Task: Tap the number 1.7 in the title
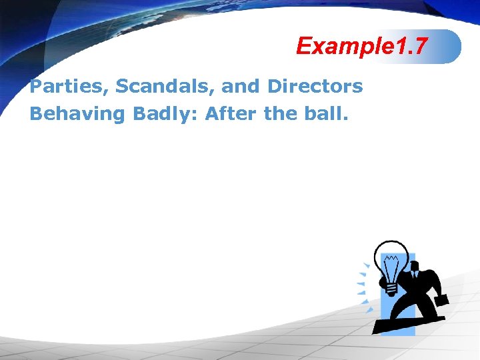pos(406,46)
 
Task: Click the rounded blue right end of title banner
pos(453,46)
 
